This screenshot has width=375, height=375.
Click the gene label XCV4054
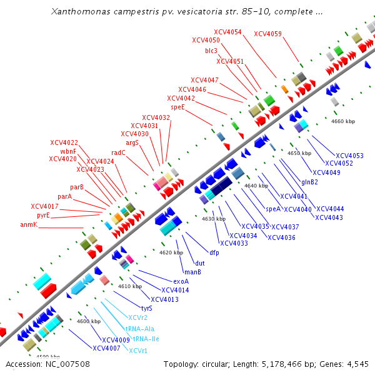click(227, 32)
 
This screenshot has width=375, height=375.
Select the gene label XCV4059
click(267, 34)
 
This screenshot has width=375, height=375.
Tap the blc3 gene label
click(211, 51)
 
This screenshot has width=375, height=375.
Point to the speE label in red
click(177, 107)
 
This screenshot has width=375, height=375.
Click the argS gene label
click(132, 142)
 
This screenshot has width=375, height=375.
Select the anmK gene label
click(29, 224)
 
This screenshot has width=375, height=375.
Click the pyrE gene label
click(43, 215)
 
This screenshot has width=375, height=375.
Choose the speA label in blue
click(273, 209)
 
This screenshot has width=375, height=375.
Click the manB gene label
click(192, 272)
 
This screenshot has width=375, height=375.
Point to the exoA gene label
click(181, 281)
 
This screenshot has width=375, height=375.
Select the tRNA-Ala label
click(140, 328)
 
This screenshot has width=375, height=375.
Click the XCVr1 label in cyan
click(138, 351)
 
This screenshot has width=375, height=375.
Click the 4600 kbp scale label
click(88, 321)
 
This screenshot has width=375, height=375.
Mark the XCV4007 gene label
click(106, 347)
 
